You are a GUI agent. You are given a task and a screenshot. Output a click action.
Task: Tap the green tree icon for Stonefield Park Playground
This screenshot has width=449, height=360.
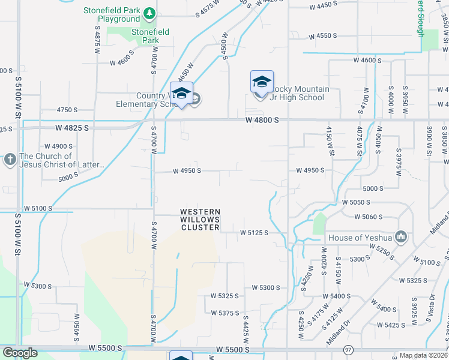point(149,13)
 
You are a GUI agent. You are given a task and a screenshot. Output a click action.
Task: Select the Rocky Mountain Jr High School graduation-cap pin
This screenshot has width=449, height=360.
point(262,82)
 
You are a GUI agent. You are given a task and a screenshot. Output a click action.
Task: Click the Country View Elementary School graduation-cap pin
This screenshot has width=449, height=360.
point(182,93)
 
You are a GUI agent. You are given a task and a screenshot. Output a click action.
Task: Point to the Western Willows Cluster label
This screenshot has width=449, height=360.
point(200,220)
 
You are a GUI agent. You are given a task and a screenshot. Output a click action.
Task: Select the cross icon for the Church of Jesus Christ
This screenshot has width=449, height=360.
point(10,160)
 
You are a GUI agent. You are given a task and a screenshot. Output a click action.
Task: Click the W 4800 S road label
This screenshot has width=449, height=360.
point(262,120)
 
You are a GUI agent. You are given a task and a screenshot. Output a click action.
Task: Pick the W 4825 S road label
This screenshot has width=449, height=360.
point(71,128)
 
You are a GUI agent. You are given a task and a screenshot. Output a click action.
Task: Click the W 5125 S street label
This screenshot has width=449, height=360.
point(253,232)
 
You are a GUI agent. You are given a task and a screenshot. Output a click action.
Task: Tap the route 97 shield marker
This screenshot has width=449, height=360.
point(348,349)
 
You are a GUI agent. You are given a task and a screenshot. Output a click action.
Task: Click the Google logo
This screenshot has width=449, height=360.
point(20,353)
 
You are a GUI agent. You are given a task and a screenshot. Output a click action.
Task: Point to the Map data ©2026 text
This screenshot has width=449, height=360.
point(423,355)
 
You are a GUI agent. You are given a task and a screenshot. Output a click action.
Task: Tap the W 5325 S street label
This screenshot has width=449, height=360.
point(224,296)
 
